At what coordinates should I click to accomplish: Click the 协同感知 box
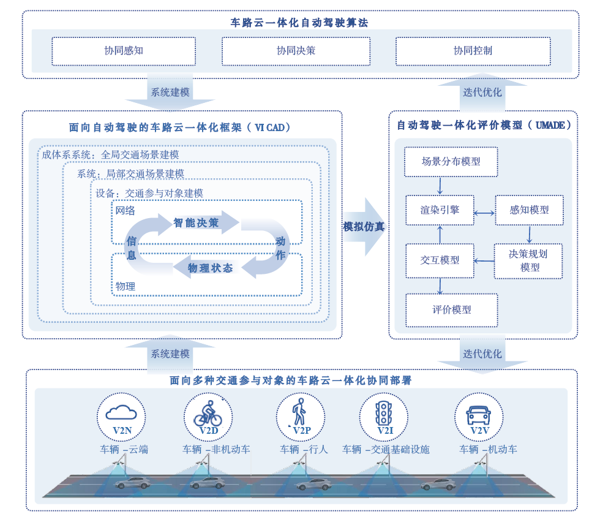(123, 51)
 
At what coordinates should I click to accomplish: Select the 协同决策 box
(296, 51)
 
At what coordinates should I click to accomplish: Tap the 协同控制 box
(472, 51)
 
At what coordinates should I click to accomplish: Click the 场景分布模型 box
(451, 162)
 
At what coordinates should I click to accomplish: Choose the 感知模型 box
(529, 210)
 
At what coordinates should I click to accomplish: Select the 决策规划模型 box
(529, 260)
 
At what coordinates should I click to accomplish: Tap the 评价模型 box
(452, 309)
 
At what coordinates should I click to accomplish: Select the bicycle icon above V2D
(208, 413)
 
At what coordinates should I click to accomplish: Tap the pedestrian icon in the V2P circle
(300, 411)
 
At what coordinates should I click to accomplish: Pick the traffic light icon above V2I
(384, 411)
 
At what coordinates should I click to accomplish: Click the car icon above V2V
(478, 414)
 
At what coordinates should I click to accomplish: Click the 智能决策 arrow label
(196, 223)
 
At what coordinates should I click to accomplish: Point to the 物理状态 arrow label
(210, 268)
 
